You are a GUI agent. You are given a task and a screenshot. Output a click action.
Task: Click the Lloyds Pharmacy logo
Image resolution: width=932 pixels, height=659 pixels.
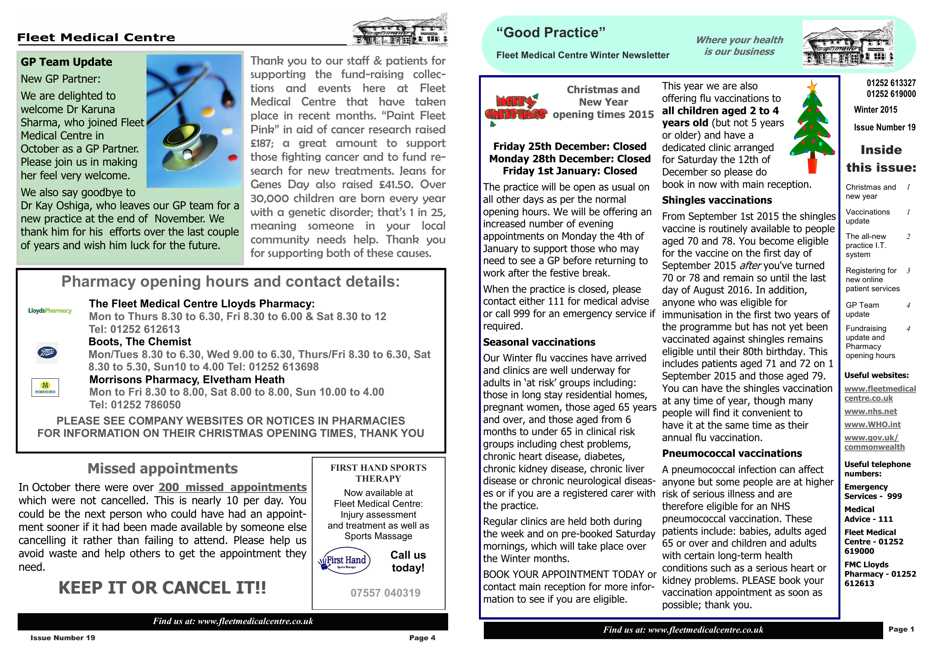(50, 311)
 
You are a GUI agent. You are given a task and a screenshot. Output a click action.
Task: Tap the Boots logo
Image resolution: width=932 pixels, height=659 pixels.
(47, 352)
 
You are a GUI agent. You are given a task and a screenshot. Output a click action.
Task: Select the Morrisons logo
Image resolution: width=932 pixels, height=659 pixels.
(45, 387)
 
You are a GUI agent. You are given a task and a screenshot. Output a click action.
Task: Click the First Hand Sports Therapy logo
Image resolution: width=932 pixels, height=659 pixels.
(344, 562)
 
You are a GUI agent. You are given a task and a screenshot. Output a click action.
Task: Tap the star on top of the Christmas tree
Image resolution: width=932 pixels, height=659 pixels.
(812, 86)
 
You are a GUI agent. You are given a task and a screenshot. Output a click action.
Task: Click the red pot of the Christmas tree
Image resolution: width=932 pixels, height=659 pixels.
(812, 165)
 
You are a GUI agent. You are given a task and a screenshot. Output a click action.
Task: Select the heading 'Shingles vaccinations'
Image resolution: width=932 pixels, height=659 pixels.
(717, 200)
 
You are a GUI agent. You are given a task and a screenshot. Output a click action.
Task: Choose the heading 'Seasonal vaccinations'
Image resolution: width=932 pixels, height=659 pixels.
(539, 342)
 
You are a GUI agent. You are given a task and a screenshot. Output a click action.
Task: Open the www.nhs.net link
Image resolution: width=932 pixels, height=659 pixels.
(870, 411)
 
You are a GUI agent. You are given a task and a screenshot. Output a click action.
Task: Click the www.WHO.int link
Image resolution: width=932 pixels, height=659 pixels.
(872, 424)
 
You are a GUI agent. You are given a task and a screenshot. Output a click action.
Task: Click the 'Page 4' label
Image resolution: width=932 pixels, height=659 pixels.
(422, 638)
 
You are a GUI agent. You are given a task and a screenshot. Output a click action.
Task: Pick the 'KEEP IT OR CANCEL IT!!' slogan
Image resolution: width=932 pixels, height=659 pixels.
(162, 588)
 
